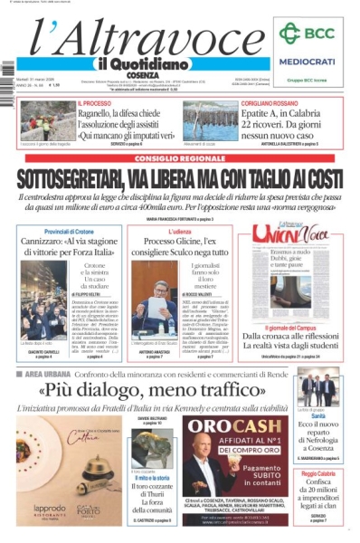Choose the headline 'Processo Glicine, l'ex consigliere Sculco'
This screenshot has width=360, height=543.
(180, 249)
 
